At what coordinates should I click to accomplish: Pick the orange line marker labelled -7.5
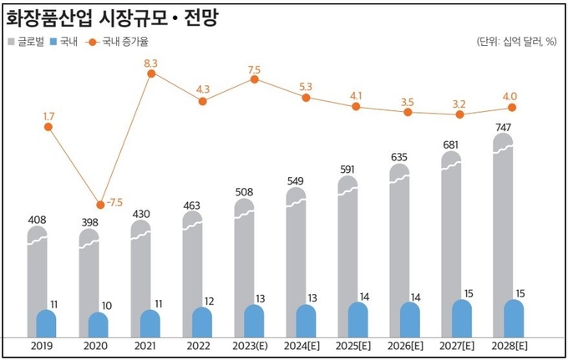pyautogui.click(x=100, y=204)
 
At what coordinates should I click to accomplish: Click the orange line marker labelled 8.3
pyautogui.click(x=151, y=74)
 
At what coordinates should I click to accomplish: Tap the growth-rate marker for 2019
pyautogui.click(x=48, y=127)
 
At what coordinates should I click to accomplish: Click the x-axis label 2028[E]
pyautogui.click(x=511, y=346)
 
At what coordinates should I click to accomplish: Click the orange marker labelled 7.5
pyautogui.click(x=254, y=79)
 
